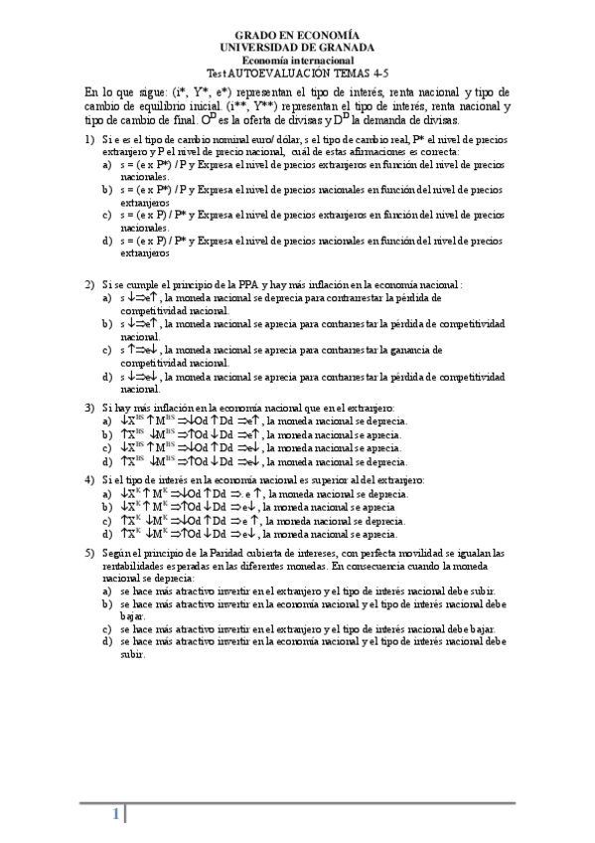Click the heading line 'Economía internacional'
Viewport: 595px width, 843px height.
pos(297,60)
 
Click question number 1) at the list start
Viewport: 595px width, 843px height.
pos(89,140)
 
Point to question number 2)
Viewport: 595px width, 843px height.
pos(89,284)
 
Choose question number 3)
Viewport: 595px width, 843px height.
pos(89,409)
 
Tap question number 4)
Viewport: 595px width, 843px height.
pos(89,480)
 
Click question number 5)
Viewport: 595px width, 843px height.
pos(89,553)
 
